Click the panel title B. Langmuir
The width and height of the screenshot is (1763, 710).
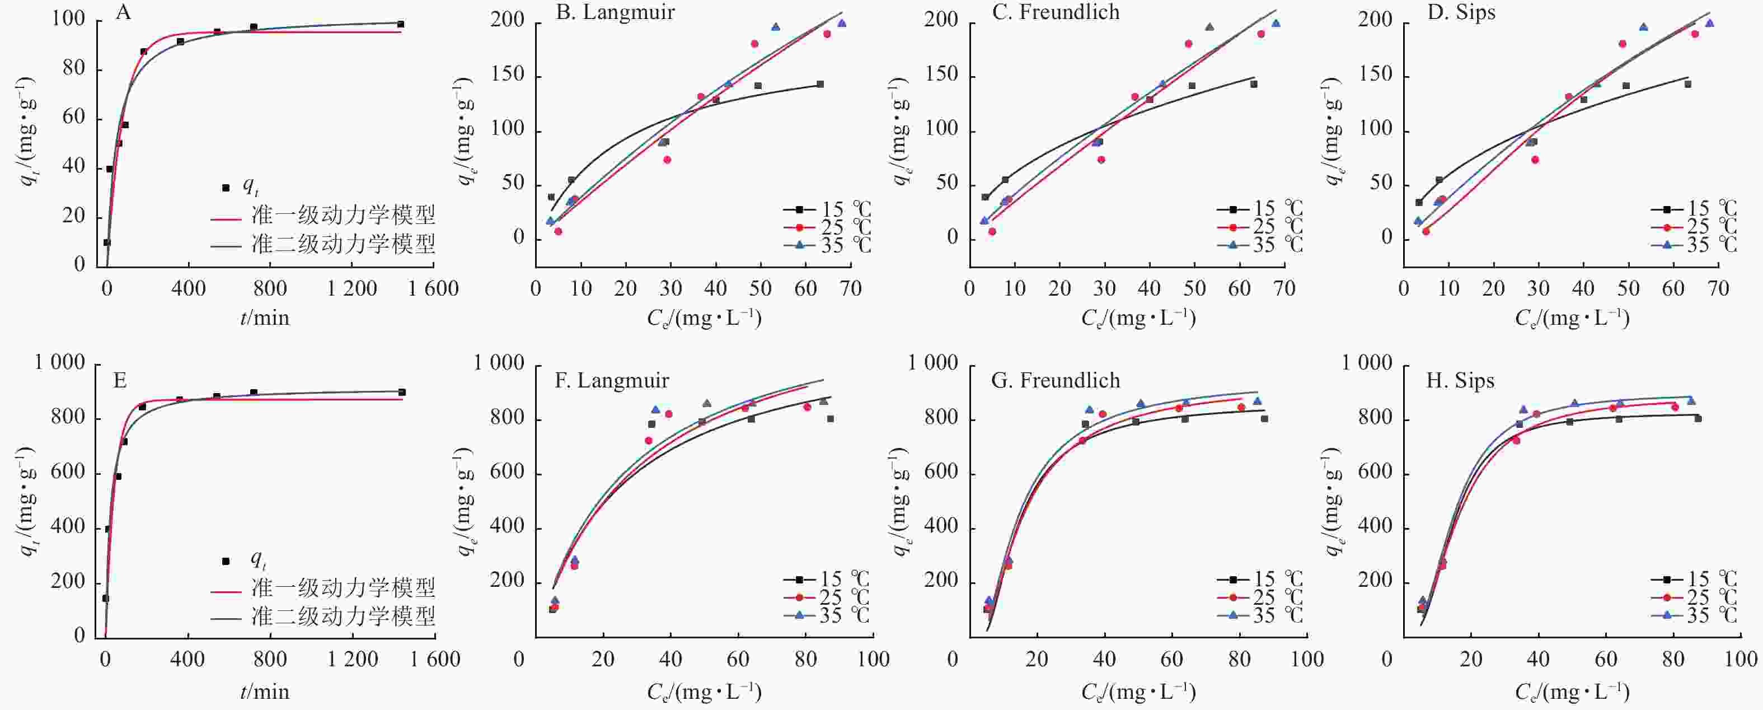tap(615, 12)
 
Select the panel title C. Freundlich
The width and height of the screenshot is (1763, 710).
tap(1056, 12)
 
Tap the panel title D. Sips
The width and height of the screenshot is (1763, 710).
tap(1461, 12)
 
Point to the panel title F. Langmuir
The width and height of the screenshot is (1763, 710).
tap(611, 381)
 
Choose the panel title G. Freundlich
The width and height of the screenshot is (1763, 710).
tap(1056, 381)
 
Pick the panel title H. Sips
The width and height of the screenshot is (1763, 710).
tap(1460, 381)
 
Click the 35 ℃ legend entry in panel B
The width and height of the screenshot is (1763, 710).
tap(828, 245)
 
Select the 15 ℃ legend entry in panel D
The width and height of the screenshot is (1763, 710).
tap(1694, 208)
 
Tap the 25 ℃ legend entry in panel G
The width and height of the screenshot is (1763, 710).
tap(1260, 597)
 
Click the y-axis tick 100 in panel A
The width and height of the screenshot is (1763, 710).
tap(68, 19)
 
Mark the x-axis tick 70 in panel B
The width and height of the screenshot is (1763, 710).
tap(851, 288)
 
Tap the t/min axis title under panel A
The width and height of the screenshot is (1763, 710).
tap(265, 319)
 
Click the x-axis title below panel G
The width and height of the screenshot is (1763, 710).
tap(1138, 692)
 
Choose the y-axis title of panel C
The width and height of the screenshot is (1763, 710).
tap(901, 130)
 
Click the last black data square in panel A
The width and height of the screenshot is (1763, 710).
tap(400, 25)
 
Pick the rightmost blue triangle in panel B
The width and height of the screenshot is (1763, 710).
tap(842, 24)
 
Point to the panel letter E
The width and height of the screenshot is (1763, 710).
tap(120, 381)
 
